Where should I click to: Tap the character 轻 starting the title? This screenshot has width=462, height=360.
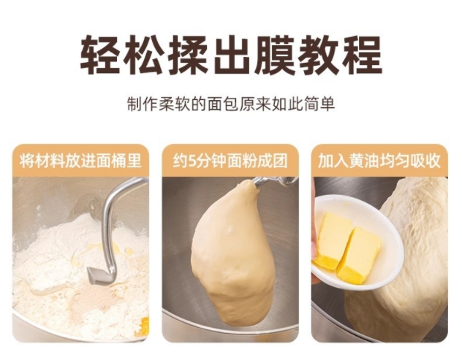[100, 55]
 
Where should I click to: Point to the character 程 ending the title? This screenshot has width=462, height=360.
[362, 55]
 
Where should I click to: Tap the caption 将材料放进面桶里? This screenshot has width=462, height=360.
[80, 161]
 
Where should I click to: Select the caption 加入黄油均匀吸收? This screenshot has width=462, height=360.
[379, 161]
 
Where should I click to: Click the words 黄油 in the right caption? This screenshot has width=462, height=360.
[365, 161]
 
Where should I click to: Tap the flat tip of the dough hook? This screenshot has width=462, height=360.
[95, 275]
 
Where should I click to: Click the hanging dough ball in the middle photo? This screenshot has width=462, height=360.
[232, 253]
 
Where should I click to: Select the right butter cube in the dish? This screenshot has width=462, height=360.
[360, 255]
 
